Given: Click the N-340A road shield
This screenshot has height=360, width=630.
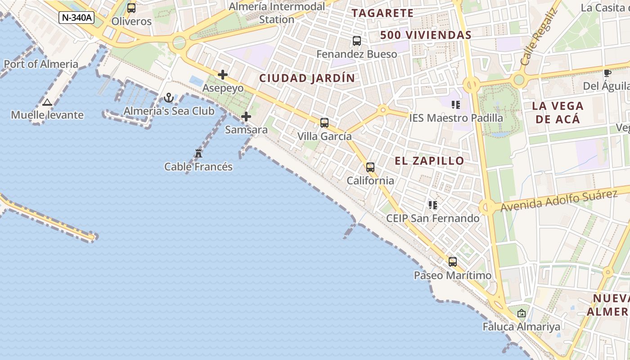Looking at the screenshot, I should coord(76,18).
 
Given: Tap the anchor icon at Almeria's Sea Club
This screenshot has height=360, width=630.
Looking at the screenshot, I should coord(169,98).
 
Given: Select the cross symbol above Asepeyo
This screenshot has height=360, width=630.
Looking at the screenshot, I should coord(223,75).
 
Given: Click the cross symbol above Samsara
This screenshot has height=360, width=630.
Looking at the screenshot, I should coord(246,117).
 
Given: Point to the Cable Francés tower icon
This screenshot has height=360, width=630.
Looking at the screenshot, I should coord(198,153).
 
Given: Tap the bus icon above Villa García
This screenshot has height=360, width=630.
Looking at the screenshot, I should coord(324,122).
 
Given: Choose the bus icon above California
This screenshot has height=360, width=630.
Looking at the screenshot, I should coord(370,167).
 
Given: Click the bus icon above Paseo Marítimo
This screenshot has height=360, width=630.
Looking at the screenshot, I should coord(453,261).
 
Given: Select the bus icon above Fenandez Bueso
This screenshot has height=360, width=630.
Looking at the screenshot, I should coord(357,41).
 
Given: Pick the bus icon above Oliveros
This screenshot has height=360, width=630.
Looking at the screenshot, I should coord(131,8).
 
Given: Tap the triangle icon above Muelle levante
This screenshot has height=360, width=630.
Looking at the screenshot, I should coord(47,102).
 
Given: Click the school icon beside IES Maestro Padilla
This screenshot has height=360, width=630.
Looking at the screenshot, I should coord(456,105).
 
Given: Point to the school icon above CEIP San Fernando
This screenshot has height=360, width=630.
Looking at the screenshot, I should coord(433,205).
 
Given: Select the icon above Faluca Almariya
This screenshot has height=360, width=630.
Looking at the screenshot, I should coord(522,313).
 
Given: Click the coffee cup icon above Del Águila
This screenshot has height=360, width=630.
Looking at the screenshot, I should coord(607,73).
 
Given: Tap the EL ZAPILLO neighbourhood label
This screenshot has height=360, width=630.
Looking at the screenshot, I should coord(429,161).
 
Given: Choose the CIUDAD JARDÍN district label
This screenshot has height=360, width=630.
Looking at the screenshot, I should coord(307,78).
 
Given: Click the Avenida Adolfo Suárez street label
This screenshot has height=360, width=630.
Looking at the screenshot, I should coord(558,201).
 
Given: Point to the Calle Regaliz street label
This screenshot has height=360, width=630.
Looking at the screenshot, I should coord(539,37).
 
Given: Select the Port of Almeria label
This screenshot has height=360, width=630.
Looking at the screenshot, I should coord(41,64).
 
